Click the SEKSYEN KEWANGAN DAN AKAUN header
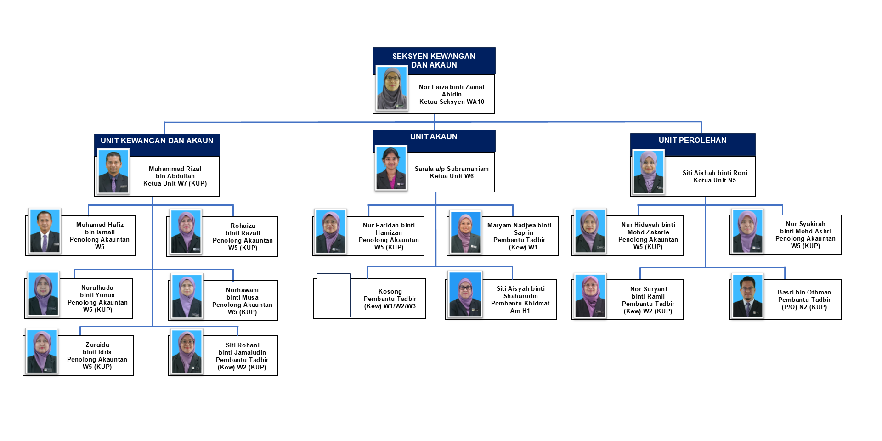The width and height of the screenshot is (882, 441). (x=434, y=60)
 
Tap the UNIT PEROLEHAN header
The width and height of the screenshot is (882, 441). (x=692, y=141)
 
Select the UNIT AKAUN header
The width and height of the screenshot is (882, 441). (x=434, y=137)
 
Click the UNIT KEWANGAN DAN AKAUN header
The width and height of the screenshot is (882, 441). (x=157, y=141)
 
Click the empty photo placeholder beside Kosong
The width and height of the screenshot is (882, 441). (x=334, y=295)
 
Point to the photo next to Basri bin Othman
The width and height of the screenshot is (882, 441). (x=747, y=296)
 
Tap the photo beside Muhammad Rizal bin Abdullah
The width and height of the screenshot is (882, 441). (x=113, y=172)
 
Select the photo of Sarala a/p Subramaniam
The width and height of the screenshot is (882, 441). (x=391, y=168)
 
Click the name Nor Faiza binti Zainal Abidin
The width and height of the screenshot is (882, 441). (x=451, y=90)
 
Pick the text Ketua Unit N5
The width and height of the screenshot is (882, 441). (x=714, y=181)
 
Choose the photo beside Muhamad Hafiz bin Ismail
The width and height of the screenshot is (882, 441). (x=45, y=231)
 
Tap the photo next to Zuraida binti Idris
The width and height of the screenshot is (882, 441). (x=42, y=351)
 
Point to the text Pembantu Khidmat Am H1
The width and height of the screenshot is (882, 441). (x=520, y=307)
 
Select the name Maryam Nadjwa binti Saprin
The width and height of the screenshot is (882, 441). (x=520, y=229)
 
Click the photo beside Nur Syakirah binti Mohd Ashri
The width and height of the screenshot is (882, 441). (x=747, y=231)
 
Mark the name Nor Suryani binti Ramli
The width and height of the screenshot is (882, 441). (x=648, y=293)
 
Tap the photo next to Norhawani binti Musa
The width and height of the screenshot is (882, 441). (x=187, y=296)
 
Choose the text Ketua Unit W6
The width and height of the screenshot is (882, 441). (x=452, y=176)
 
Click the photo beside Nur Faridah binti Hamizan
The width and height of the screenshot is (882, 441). (x=330, y=232)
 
